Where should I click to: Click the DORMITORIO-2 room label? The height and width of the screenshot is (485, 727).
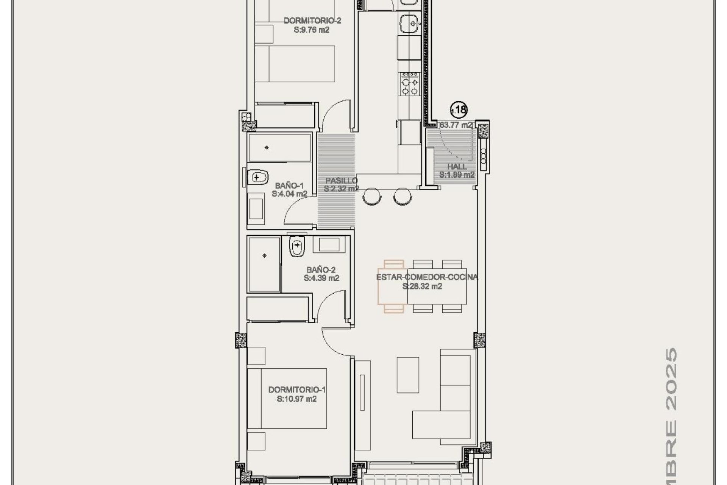312,20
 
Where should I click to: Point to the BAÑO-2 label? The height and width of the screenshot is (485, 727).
321,270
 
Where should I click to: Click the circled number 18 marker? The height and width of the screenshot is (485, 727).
459,110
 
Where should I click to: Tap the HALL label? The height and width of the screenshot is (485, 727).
457,166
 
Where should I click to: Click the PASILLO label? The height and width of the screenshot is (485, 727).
342,181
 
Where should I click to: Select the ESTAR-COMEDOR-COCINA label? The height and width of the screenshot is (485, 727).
427,277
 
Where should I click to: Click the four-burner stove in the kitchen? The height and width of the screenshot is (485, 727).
410,86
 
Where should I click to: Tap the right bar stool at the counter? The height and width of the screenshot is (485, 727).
401,196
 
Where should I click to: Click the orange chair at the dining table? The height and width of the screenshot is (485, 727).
393,286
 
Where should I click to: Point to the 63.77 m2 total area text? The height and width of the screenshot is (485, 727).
456,125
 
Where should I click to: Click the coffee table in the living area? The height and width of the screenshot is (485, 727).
408,375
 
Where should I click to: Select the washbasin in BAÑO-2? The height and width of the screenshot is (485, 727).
329,244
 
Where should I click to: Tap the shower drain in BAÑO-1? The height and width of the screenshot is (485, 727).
267,147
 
